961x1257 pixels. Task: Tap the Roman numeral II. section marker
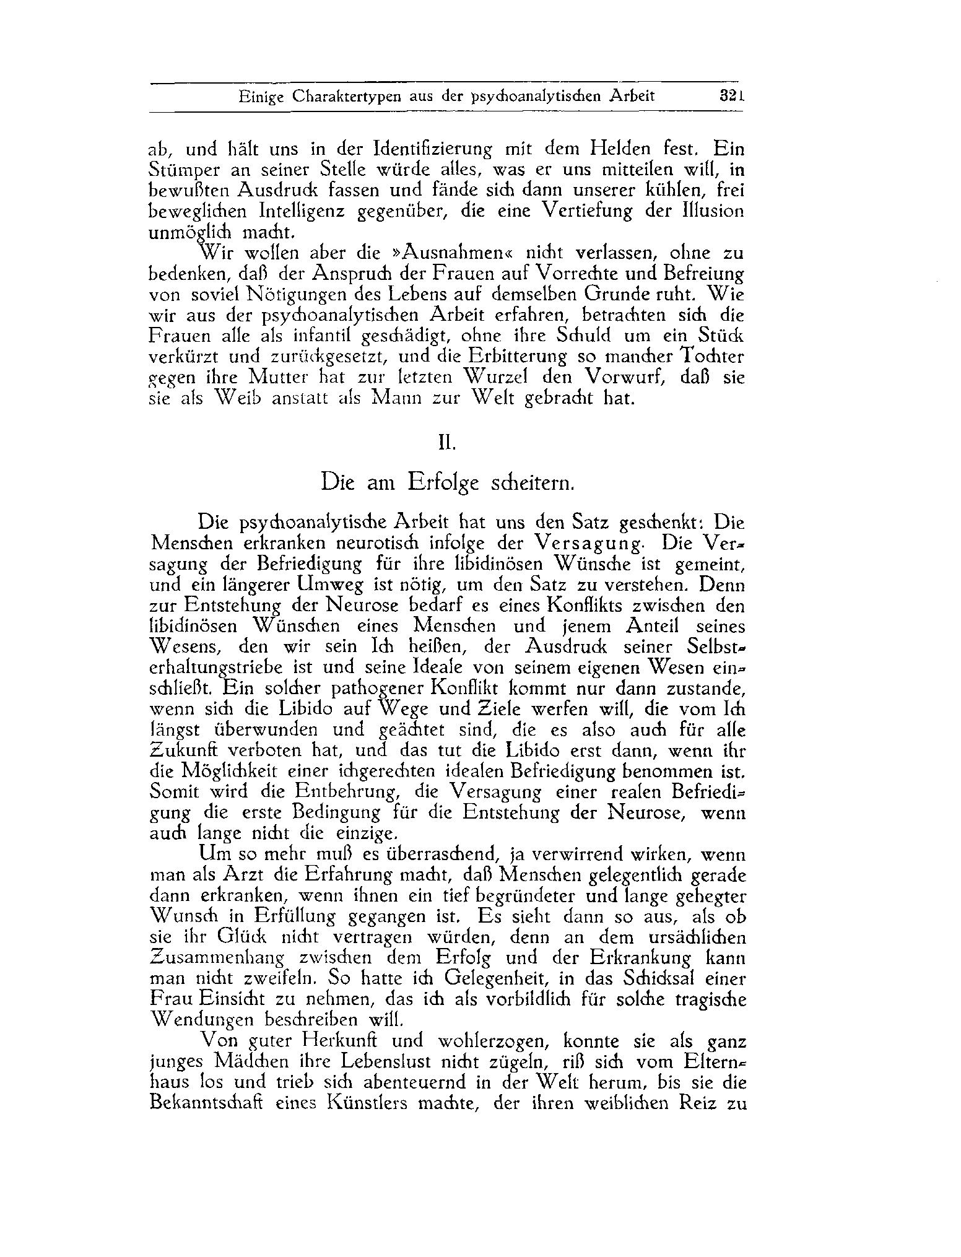pos(447,443)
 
